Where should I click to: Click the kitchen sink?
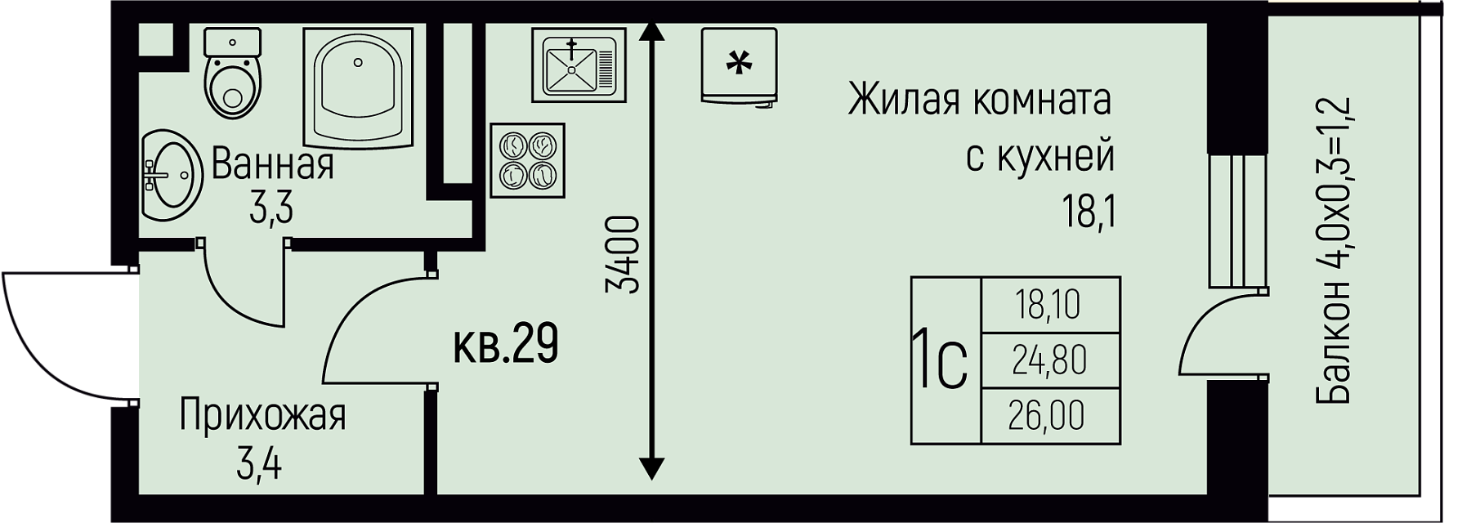coord(578,65)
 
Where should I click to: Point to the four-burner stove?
coord(528,160)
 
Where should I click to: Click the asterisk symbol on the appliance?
coord(739,63)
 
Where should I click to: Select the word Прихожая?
coord(262,415)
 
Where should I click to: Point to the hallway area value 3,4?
coord(259,466)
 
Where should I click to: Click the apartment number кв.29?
coord(506,345)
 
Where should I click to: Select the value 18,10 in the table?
coord(1049,305)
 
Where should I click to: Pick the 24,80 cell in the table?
coord(1049,360)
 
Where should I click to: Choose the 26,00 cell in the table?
coord(1049,415)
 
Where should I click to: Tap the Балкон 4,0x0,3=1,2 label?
coord(1334,250)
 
